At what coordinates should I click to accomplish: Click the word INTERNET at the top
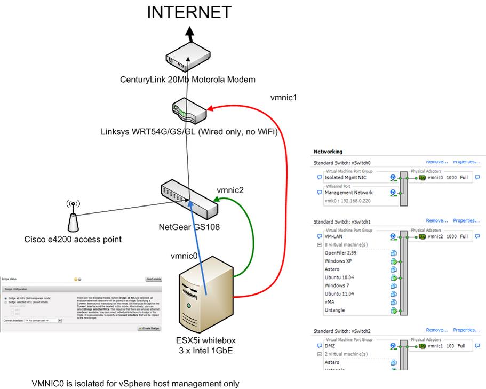189,12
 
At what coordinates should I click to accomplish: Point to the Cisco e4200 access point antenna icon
73,216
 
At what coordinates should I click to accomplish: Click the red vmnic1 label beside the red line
283,98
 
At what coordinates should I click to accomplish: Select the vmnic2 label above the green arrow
229,190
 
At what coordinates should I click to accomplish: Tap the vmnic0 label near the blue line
184,256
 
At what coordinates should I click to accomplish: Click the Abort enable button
154,279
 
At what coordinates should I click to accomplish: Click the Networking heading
328,152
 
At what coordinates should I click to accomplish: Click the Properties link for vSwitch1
466,220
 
